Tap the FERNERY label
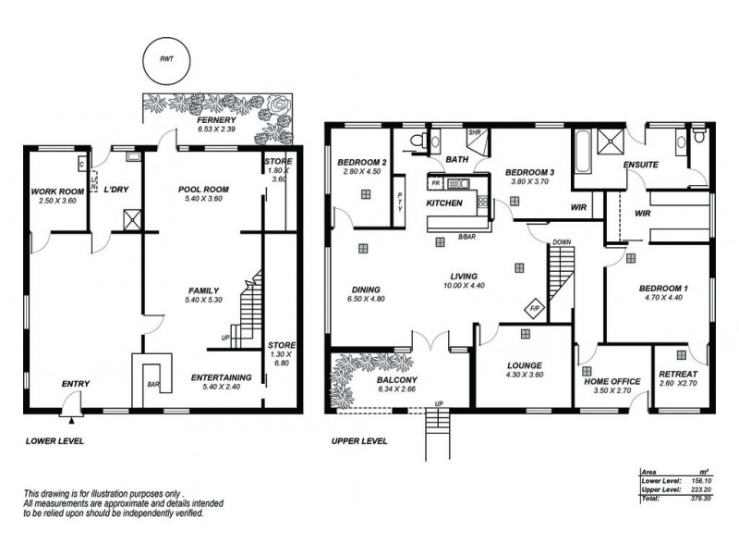pyautogui.click(x=217, y=120)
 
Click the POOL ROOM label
pyautogui.click(x=203, y=190)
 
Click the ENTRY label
pyautogui.click(x=76, y=383)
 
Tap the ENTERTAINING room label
pyautogui.click(x=221, y=377)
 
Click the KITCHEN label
pyautogui.click(x=443, y=203)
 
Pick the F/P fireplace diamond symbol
pyautogui.click(x=534, y=308)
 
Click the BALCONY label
pyautogui.click(x=398, y=380)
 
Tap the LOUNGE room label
pyautogui.click(x=524, y=365)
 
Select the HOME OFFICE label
pyautogui.click(x=612, y=381)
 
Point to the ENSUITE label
pyautogui.click(x=640, y=166)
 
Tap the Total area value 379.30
pyautogui.click(x=701, y=499)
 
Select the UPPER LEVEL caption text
pyautogui.click(x=359, y=441)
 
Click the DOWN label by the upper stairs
pyautogui.click(x=562, y=242)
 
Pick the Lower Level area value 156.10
pyautogui.click(x=701, y=480)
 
